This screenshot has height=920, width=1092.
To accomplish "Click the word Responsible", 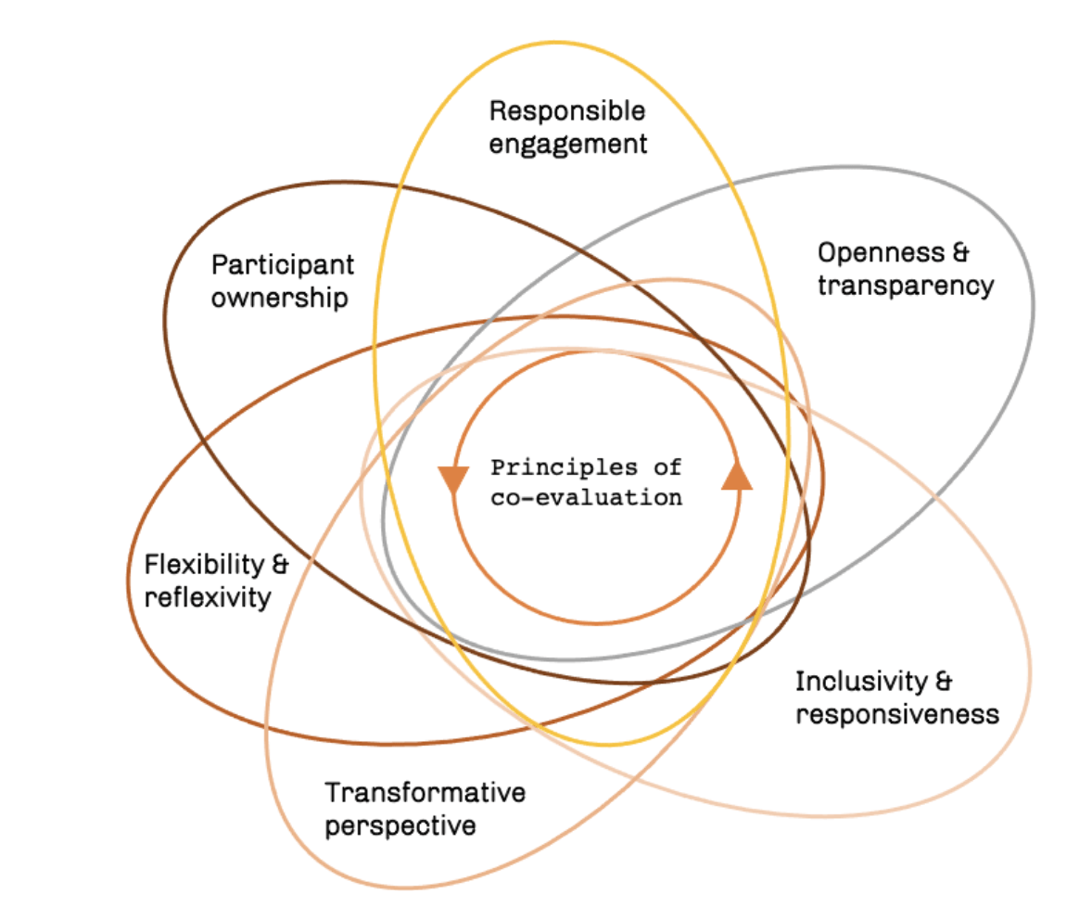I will (x=566, y=111).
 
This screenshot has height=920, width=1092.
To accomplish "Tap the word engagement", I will (x=567, y=144).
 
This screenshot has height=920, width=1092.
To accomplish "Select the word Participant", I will (x=283, y=264).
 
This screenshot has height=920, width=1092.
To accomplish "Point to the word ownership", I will (x=279, y=298).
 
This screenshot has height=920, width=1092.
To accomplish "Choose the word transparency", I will (x=906, y=286).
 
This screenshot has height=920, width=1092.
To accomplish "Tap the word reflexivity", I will (x=207, y=597).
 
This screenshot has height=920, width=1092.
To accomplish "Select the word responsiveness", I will (x=896, y=715).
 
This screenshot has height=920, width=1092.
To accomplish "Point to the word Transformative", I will (x=425, y=793).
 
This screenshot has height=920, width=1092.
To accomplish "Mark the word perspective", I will (x=400, y=825).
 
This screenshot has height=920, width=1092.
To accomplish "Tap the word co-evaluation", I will (x=586, y=497).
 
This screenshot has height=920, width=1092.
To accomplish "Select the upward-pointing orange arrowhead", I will (x=737, y=475).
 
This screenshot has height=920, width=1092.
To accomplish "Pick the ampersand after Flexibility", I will (x=278, y=564).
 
